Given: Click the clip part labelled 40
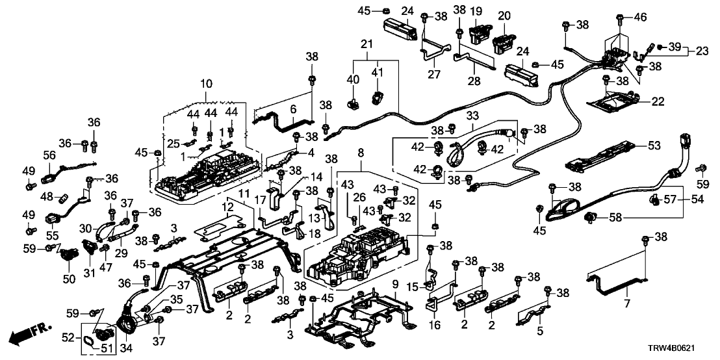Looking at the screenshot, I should pyautogui.click(x=354, y=102).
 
